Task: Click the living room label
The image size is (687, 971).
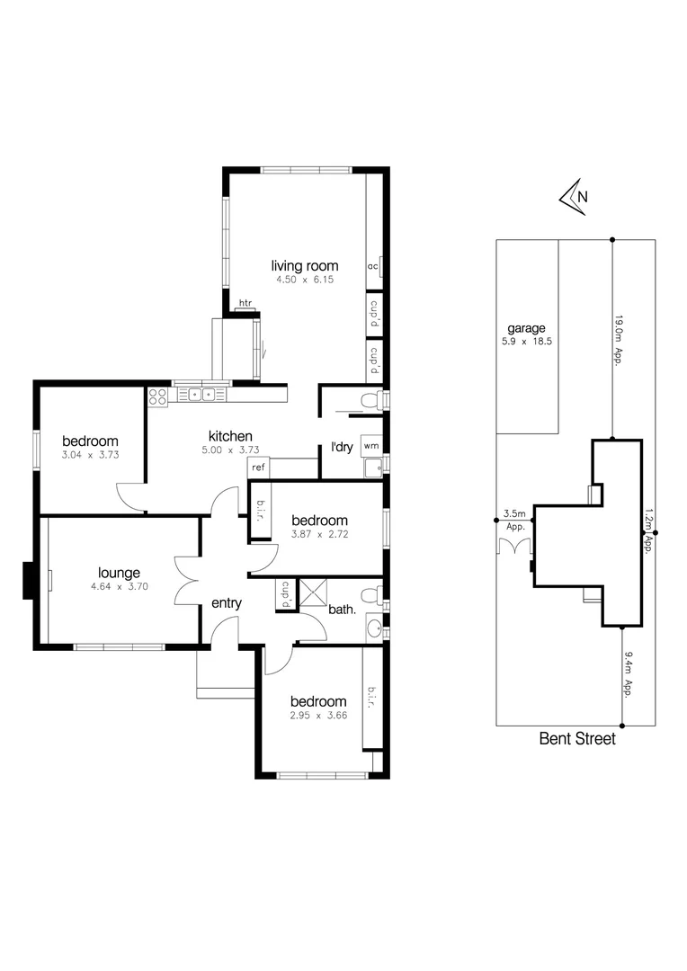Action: pos(305,265)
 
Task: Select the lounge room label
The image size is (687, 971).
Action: pos(119,573)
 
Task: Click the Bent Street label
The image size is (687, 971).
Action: pos(577,739)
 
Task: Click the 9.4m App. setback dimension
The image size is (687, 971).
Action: pos(626,675)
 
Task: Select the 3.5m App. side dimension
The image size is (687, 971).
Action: pos(515,521)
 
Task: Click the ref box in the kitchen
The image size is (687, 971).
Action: pos(258,468)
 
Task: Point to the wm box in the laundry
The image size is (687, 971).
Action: pos(370,445)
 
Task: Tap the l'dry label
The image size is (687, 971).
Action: pos(342,447)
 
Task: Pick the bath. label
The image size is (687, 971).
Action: pos(342,610)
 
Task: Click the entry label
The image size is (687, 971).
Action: pos(226,603)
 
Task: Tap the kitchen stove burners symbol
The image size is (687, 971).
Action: pos(158,396)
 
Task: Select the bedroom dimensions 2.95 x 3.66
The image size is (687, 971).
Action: pos(317,717)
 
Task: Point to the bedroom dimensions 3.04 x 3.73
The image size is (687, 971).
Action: pos(91,455)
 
